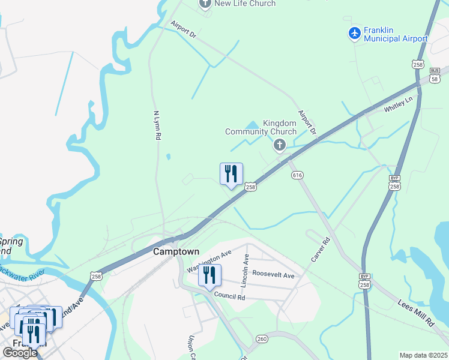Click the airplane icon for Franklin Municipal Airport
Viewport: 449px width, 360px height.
click(355, 34)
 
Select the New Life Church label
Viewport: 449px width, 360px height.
click(245, 4)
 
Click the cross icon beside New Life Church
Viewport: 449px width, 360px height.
click(205, 4)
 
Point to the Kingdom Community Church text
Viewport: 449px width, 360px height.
click(261, 127)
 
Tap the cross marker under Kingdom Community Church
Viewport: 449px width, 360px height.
click(279, 145)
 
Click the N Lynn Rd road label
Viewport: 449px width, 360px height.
click(157, 125)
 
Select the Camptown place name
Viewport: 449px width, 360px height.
click(176, 252)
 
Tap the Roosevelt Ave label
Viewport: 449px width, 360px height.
click(273, 275)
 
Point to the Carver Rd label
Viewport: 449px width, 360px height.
click(321, 249)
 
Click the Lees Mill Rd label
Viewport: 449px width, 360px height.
click(415, 314)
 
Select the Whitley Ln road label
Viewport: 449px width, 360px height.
click(399, 106)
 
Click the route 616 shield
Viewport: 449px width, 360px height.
click(297, 175)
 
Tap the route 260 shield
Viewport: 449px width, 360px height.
click(262, 339)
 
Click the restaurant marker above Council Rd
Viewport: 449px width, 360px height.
click(209, 276)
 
